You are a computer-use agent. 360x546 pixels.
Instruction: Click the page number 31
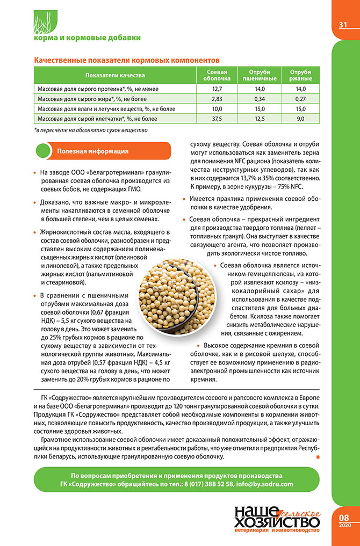click(342, 25)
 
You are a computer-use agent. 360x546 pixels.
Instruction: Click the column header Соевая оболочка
click(217, 75)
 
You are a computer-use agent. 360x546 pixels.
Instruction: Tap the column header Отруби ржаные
click(300, 75)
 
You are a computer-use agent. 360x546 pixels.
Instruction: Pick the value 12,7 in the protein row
click(217, 89)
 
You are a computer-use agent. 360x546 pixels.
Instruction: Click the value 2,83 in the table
click(217, 99)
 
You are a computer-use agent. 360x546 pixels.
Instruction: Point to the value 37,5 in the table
click(217, 119)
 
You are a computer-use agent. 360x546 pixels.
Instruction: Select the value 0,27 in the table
click(300, 99)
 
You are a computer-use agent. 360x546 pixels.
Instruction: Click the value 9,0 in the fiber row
click(300, 119)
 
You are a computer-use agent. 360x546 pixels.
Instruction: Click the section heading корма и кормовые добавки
click(87, 38)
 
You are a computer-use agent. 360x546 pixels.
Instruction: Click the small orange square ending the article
click(318, 457)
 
